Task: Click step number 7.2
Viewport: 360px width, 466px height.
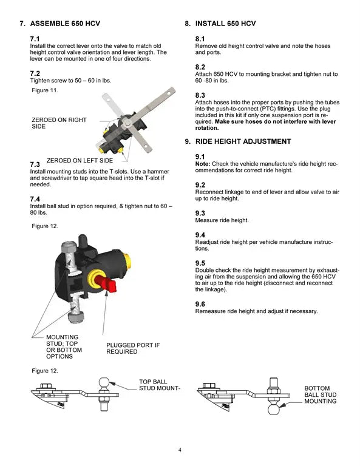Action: coord(35,73)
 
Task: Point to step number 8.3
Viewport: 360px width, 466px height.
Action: coord(200,95)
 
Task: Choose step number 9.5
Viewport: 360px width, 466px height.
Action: coord(200,263)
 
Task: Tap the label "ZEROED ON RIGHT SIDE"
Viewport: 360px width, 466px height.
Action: coord(59,123)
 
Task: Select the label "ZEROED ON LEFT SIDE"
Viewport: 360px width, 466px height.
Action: coord(80,161)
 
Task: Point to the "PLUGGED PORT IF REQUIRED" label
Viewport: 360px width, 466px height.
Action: coord(133,348)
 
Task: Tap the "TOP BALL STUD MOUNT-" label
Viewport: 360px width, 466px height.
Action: coord(159,385)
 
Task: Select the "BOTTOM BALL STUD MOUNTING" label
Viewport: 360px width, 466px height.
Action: coord(320,394)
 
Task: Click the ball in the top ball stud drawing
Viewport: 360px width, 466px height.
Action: coord(104,382)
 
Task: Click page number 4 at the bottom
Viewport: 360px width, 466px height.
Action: coord(180,450)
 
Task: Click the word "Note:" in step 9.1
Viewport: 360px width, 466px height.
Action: coord(202,164)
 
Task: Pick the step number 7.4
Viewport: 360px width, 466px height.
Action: coord(35,199)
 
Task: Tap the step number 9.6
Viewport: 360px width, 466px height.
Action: coord(200,304)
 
